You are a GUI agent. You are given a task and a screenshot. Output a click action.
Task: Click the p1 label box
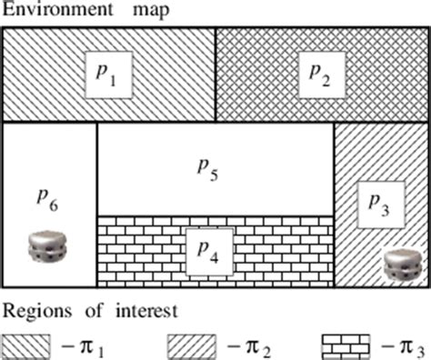[107, 75]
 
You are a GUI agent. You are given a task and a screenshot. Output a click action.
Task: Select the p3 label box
[380, 205]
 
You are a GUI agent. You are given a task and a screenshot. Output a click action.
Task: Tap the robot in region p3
[400, 265]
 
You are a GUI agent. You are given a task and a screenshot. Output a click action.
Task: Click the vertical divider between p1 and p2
[215, 75]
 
